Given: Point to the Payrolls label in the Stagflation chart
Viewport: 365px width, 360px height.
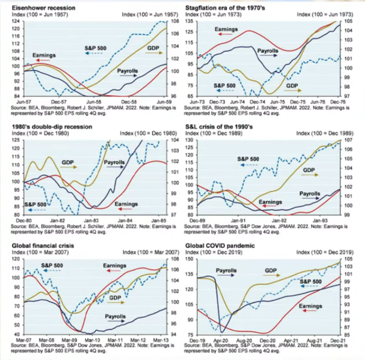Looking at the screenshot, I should [268, 51].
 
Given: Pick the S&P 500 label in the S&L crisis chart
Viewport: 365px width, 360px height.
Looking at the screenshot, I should [248, 159].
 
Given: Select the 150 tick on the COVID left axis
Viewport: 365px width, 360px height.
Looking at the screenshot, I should [190, 260].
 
